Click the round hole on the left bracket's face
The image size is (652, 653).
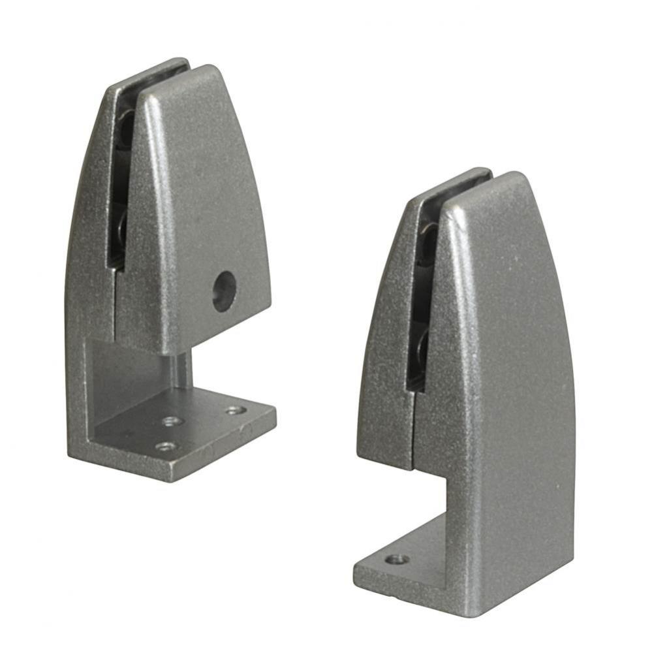[x=224, y=291]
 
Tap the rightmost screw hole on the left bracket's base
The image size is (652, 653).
[x=236, y=410]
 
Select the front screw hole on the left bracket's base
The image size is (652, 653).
[x=166, y=447]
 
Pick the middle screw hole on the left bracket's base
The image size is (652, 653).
[x=172, y=421]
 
